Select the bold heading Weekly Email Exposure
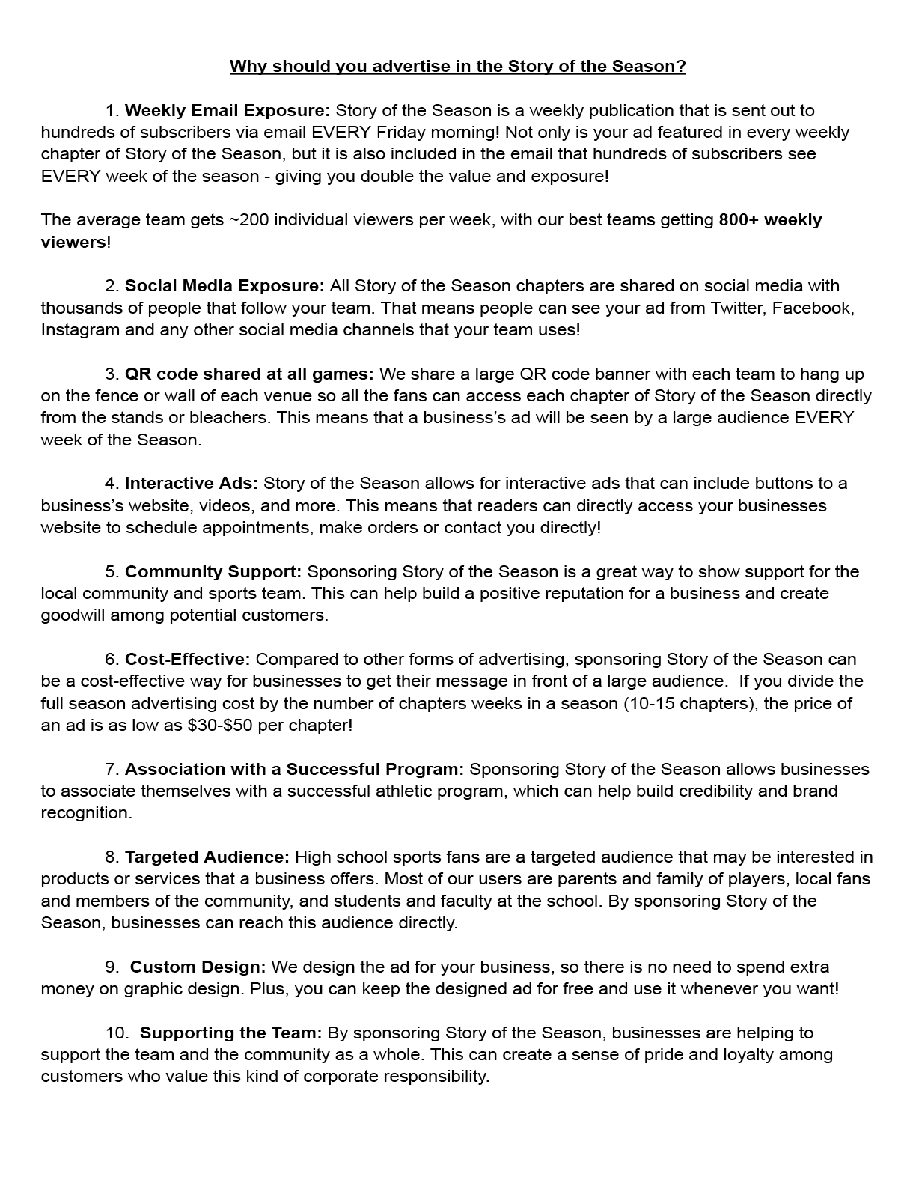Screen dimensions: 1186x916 click(x=227, y=111)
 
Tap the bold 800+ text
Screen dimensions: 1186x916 click(x=738, y=220)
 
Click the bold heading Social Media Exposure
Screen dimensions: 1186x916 click(x=225, y=286)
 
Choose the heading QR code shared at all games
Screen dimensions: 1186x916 click(x=249, y=374)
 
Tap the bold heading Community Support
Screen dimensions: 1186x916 click(x=213, y=572)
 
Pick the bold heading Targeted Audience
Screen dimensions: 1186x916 click(x=207, y=857)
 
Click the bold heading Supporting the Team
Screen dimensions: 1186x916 click(x=231, y=1033)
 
